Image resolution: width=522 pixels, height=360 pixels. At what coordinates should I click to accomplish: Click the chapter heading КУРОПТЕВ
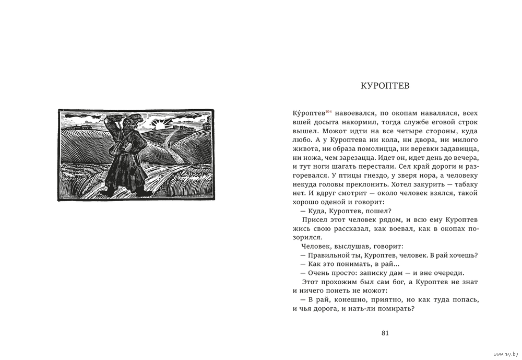coord(385,86)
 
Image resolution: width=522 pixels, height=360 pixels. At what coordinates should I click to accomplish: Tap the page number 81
coord(385,333)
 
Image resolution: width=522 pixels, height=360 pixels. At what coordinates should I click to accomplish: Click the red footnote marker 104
coord(328,111)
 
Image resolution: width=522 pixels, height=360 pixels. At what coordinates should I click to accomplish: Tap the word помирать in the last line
coord(396,308)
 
